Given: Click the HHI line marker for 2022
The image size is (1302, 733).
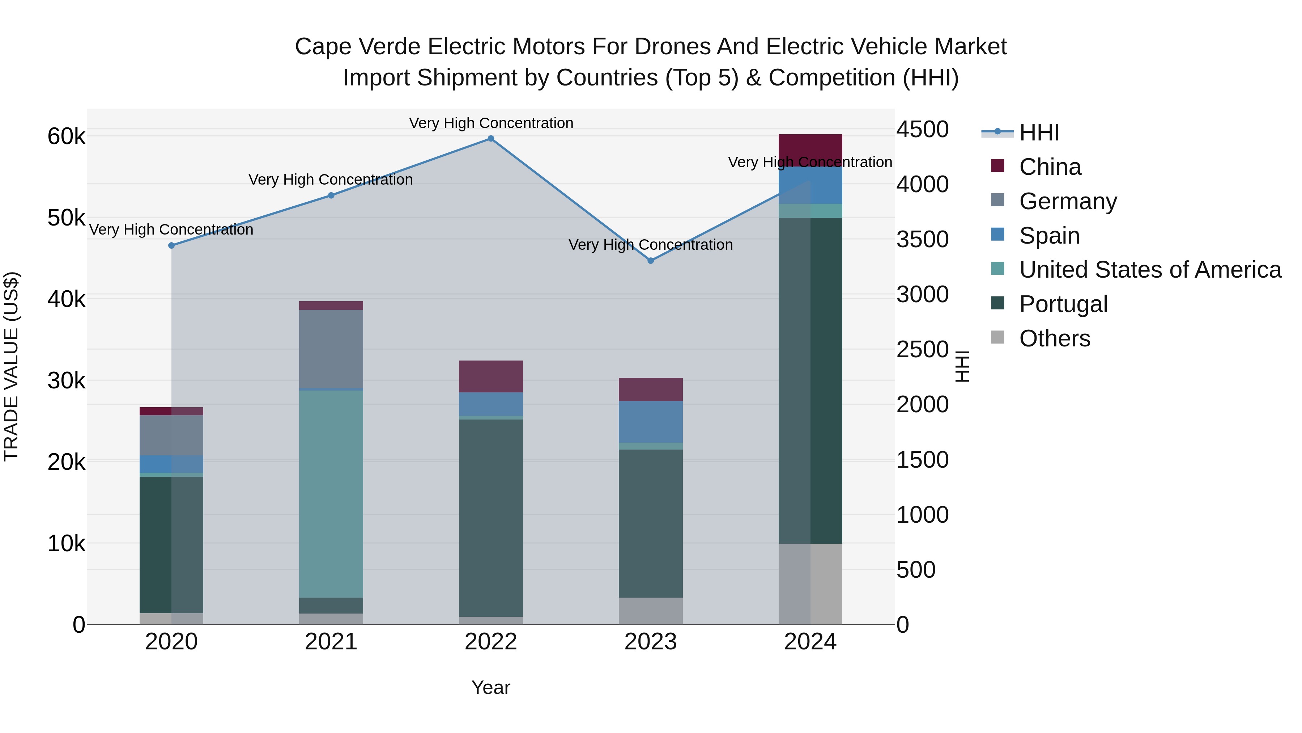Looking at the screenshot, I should click(x=491, y=139).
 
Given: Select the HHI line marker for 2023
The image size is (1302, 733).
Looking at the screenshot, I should click(x=651, y=261).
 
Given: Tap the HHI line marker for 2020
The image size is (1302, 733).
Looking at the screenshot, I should click(x=171, y=245).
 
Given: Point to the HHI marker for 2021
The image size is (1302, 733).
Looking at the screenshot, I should click(x=331, y=195).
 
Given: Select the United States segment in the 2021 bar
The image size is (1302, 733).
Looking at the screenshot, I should click(x=331, y=493).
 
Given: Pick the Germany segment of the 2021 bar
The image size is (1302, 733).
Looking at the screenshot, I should click(x=331, y=349).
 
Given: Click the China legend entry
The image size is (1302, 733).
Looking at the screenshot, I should click(x=1049, y=167).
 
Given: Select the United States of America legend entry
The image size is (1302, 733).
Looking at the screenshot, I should click(x=1150, y=270).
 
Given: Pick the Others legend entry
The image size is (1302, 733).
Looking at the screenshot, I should click(x=1054, y=338).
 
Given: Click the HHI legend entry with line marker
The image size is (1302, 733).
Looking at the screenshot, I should click(x=1039, y=132).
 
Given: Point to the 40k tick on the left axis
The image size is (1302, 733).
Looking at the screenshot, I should click(x=66, y=299).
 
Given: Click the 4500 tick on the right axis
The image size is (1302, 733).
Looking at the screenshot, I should click(x=922, y=130).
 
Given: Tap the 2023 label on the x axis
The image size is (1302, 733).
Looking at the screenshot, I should click(x=651, y=642).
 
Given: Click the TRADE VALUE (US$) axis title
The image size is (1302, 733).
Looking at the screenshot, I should click(x=12, y=366).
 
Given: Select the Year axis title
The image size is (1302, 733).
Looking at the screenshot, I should click(x=491, y=687).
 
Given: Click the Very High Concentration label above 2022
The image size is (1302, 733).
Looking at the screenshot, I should click(x=491, y=123).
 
